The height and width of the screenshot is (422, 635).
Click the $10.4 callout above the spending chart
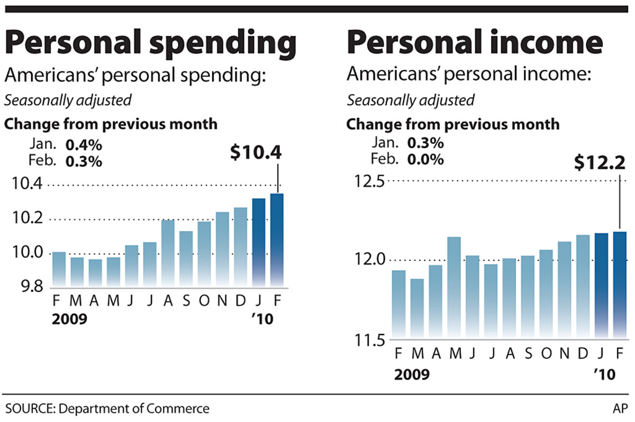256,152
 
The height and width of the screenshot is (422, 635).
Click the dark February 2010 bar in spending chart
277,241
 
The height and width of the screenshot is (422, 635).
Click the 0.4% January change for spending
83,144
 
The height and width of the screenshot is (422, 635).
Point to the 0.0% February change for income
425,159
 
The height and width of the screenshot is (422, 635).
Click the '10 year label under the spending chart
262,319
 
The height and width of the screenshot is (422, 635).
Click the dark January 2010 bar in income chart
602,286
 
